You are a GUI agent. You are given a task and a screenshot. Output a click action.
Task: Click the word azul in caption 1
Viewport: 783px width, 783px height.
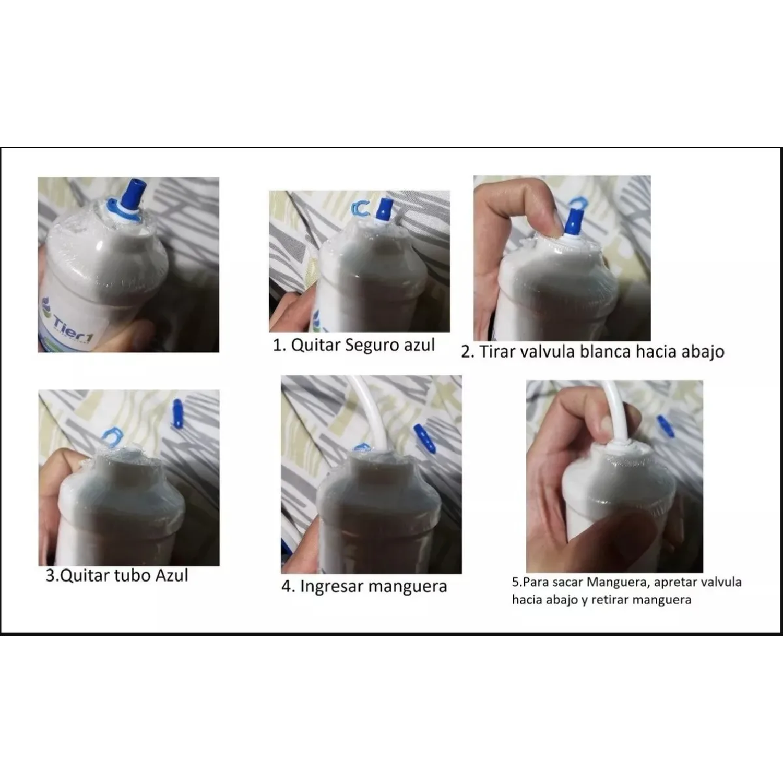tap(419, 345)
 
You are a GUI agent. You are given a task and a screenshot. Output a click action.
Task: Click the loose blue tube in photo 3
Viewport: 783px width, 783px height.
tap(178, 413)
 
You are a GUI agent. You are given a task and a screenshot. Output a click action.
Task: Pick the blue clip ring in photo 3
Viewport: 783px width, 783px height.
tap(111, 435)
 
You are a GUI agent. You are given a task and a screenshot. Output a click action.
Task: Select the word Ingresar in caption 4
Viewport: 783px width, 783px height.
tap(332, 587)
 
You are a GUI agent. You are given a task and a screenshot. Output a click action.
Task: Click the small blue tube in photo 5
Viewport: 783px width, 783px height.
tap(666, 426)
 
